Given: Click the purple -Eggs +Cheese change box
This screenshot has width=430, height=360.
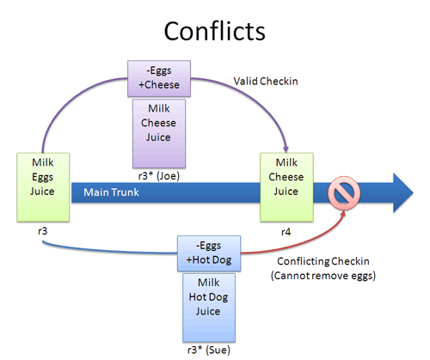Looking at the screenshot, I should coord(158,78).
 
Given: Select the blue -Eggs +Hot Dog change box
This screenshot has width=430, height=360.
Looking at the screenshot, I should coord(211,253).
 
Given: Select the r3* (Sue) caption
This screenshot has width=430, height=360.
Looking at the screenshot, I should coord(211,351).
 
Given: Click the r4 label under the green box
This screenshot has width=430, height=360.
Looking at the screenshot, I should coord(286,232).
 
